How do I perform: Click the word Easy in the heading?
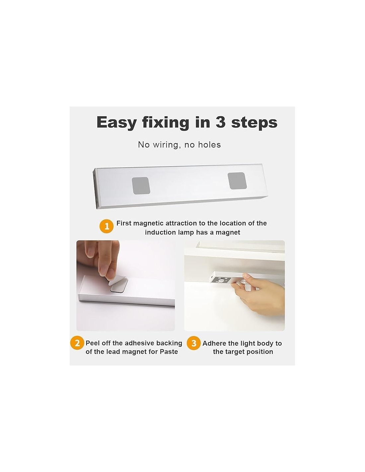click(x=116, y=122)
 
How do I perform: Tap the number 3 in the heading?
click(x=220, y=122)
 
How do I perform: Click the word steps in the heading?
click(x=254, y=123)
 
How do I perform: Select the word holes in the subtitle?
click(x=209, y=145)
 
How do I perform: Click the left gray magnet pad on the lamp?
click(x=141, y=185)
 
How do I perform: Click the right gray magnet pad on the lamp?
click(x=237, y=181)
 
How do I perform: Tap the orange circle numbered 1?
click(x=107, y=226)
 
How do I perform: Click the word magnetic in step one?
click(x=148, y=223)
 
